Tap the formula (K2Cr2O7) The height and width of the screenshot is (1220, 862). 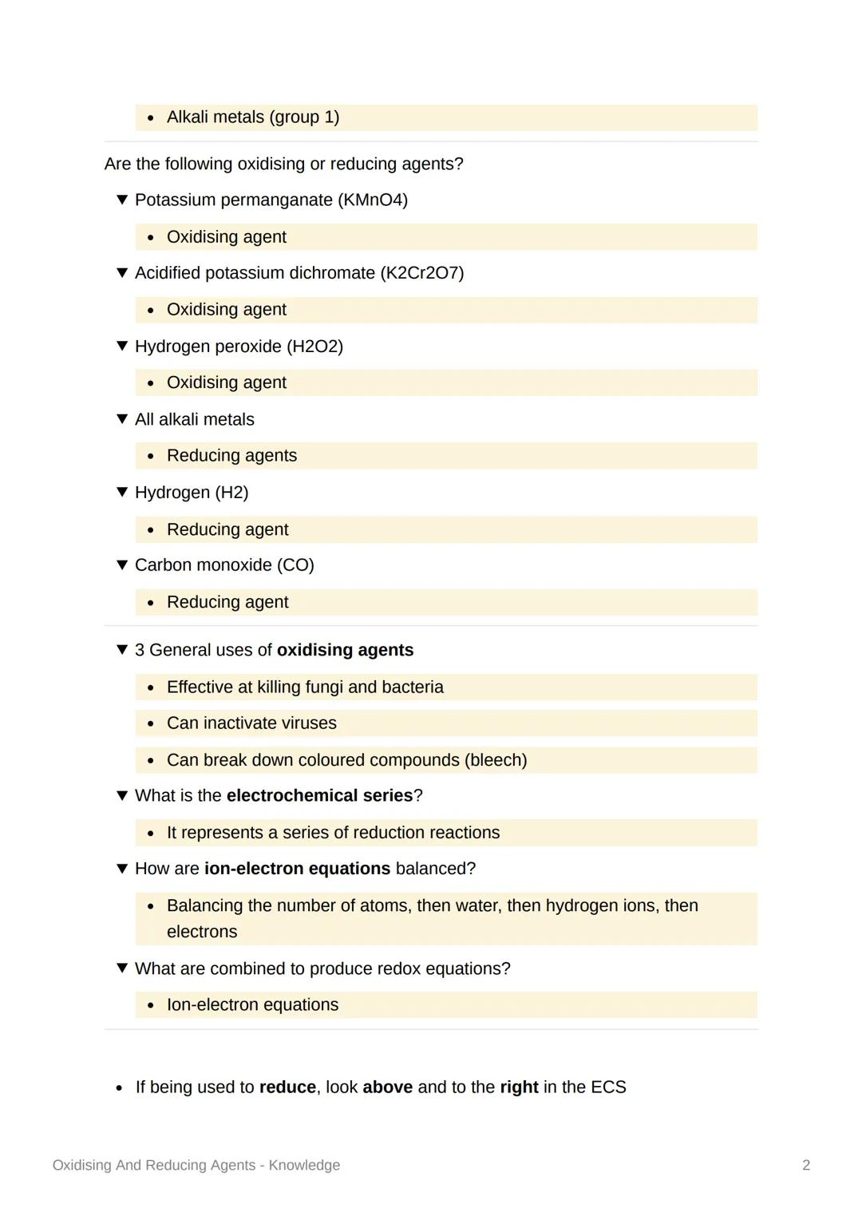[422, 273]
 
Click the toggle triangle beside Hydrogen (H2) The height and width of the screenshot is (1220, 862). [122, 492]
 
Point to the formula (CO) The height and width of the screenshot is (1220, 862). [295, 565]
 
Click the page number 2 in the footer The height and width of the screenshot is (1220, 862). [806, 1165]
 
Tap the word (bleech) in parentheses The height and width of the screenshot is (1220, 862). [496, 760]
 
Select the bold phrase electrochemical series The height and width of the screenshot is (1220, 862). [319, 796]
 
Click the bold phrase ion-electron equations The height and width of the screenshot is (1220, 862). [297, 869]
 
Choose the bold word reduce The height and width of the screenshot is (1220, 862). [287, 1087]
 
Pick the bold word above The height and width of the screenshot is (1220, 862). [387, 1087]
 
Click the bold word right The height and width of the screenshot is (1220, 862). [519, 1087]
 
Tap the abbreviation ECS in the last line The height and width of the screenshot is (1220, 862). [608, 1087]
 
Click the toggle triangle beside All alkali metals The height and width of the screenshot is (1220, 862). [122, 419]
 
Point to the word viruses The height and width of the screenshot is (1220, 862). [309, 723]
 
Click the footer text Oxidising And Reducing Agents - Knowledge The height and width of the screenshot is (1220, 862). [196, 1165]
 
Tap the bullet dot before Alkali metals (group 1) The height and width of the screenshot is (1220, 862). [151, 118]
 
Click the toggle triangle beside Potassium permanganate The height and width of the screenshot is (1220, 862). [122, 200]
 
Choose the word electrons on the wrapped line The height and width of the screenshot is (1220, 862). [202, 932]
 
